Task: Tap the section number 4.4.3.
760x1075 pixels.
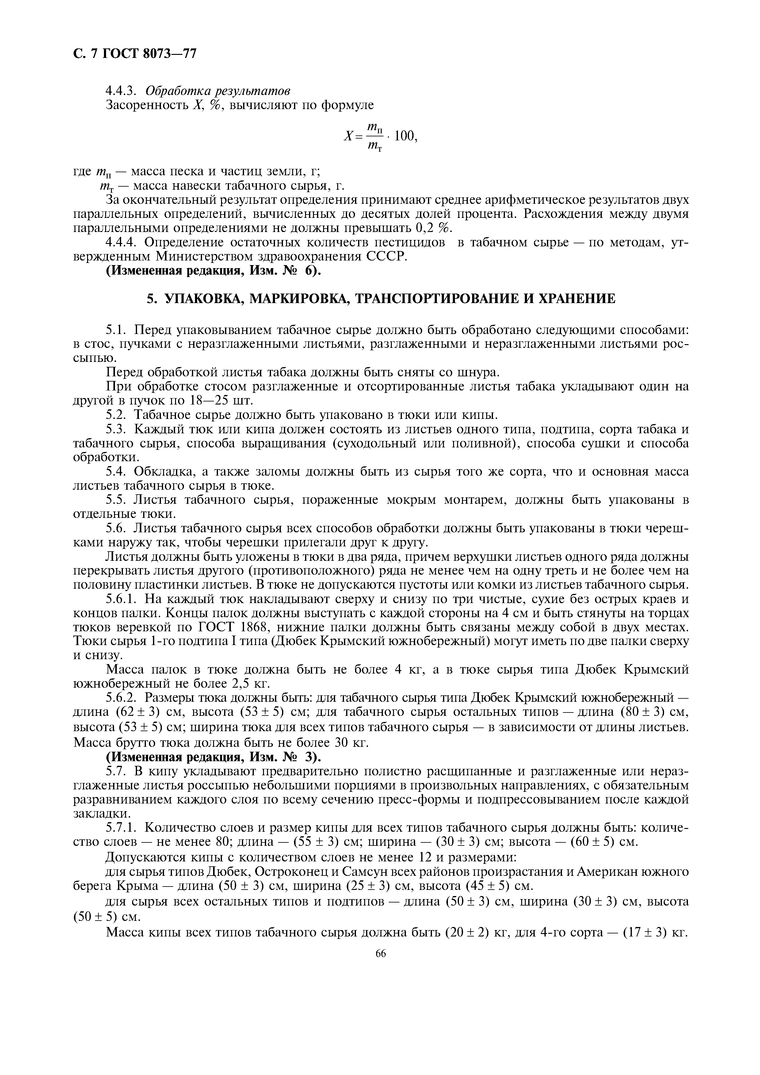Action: (123, 90)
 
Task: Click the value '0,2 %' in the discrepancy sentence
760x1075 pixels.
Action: (434, 229)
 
